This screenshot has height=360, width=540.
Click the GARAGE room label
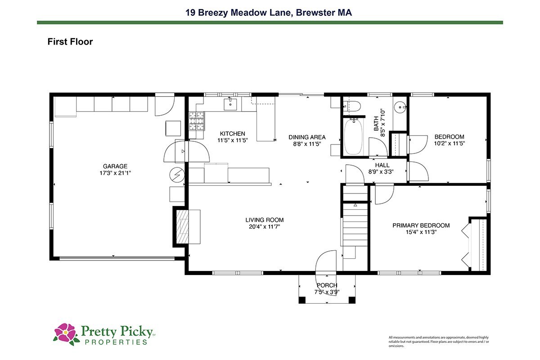pos(115,166)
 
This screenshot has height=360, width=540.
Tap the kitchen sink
pos(230,104)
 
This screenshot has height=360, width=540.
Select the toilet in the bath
pos(352,106)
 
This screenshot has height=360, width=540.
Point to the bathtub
pos(353,137)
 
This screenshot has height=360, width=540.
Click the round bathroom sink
pos(400,107)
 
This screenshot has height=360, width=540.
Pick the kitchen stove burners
pos(197,121)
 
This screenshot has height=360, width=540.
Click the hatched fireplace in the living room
pos(183,227)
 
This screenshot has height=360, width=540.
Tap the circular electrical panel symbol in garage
pos(177,175)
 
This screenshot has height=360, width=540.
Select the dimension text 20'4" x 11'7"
pos(265,227)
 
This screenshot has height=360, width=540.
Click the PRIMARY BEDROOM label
pos(421,225)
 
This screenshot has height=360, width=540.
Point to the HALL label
pos(382,165)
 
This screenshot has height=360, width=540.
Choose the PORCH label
pos(327,285)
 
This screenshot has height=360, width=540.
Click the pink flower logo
pos(66,334)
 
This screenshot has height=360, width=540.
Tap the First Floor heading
pos(70,42)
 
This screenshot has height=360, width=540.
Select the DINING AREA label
pos(307,137)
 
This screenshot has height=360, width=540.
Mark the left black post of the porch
pos(302,300)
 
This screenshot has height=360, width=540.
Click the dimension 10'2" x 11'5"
pos(450,144)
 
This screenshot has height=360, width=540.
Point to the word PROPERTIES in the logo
pos(116,342)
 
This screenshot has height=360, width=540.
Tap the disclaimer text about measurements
pos(439,342)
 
